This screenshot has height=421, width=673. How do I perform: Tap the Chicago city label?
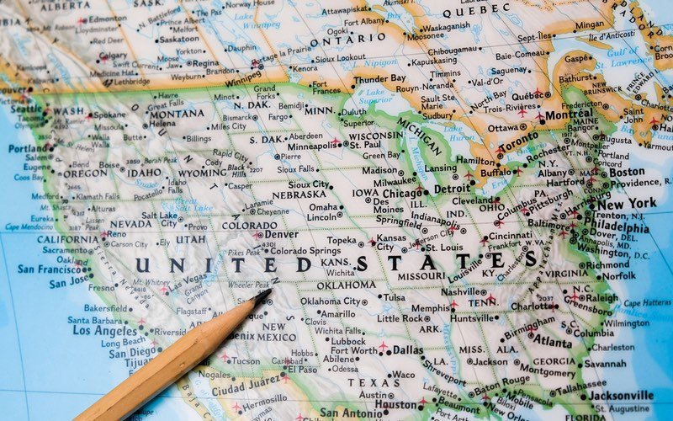pos(403,193)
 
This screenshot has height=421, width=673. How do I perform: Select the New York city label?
pos(628,204)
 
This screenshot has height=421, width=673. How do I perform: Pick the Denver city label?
pos(281,235)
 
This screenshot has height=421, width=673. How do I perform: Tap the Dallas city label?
pos(408,349)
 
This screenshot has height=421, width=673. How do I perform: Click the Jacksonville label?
pos(621,395)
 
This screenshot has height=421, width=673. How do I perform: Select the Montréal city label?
pos(569,115)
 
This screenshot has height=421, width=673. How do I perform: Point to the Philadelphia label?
pos(621,226)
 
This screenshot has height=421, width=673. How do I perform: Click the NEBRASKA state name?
pos(299,195)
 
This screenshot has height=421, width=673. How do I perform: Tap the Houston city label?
pos(395,404)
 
